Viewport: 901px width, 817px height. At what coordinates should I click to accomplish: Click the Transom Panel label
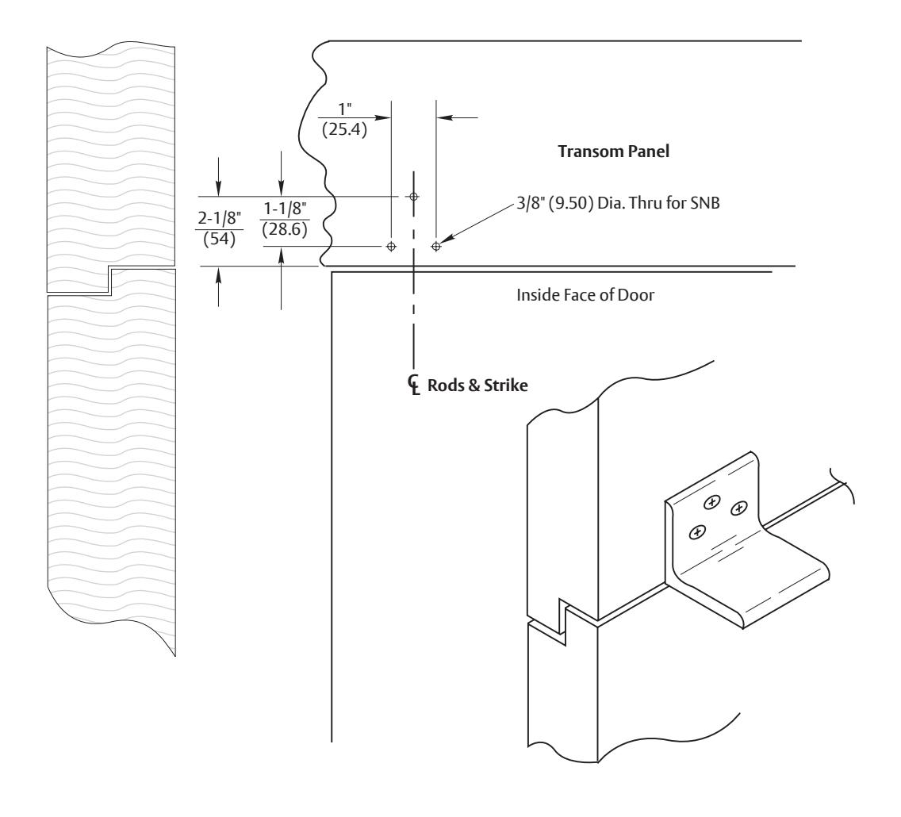pos(614,152)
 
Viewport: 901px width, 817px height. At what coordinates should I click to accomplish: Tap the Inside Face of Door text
pos(585,295)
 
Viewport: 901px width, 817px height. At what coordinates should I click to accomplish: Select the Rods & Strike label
pos(477,385)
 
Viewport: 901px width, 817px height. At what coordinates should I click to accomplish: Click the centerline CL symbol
pos(414,385)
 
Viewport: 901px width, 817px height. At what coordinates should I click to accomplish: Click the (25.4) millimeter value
pos(344,129)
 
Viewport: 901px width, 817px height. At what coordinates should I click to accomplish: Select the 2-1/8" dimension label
pos(220,218)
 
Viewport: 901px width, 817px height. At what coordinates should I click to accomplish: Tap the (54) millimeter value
pos(220,239)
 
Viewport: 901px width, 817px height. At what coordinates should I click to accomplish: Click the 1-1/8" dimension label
pos(285,209)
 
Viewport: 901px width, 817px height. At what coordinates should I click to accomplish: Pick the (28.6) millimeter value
pos(285,229)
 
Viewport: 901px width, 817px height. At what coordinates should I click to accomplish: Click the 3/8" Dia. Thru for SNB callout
pos(618,203)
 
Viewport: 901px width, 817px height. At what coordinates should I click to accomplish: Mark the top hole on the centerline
pos(414,197)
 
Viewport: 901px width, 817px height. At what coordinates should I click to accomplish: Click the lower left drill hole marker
pos(391,247)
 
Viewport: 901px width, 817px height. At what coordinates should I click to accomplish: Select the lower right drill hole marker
pos(436,247)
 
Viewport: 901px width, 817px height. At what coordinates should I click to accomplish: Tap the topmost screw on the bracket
pos(712,503)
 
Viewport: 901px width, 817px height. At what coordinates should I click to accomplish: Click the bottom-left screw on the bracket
pos(697,533)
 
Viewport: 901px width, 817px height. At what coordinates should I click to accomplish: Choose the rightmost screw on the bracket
pos(738,508)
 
